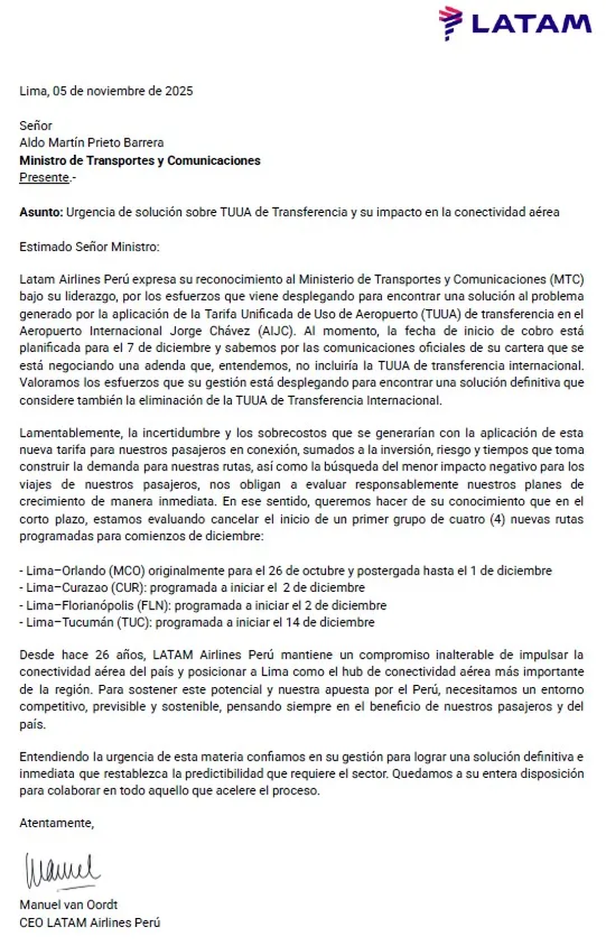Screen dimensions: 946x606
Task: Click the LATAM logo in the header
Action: [x=515, y=23]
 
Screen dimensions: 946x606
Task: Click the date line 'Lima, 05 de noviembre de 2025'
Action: [x=106, y=91]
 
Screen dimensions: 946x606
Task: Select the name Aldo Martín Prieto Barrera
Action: [x=91, y=143]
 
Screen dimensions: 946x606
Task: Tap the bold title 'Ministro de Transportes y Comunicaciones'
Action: [x=140, y=161]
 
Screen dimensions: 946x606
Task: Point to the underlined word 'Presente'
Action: [x=44, y=177]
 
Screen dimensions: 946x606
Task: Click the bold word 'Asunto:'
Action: [x=41, y=212]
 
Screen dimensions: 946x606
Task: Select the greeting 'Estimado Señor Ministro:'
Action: [x=89, y=247]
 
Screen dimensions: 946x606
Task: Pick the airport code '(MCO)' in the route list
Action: [x=127, y=571]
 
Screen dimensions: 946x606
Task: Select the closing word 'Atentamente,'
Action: [x=57, y=823]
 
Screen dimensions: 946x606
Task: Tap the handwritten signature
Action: [x=63, y=871]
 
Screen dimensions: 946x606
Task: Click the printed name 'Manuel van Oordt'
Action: [x=69, y=904]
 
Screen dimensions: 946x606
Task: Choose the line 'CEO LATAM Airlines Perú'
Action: [x=89, y=922]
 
